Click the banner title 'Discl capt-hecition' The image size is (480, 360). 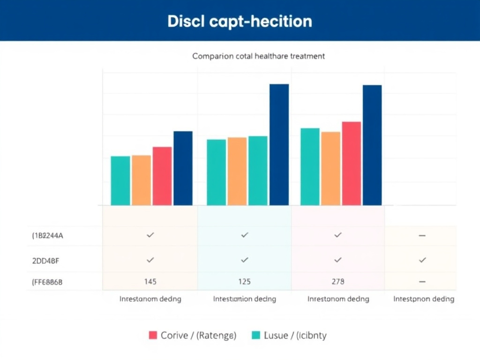coord(240,21)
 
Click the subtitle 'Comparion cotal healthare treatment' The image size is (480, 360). coord(258,56)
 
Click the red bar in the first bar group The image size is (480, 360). coord(162,176)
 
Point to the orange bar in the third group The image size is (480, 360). coord(331,168)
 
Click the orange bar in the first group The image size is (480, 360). coord(141,180)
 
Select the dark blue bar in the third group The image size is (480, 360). coord(372,145)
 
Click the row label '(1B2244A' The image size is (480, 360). coord(47,236)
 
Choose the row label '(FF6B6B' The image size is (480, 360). coord(47,282)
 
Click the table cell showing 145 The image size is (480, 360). coord(150,282)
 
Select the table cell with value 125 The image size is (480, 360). coord(244,282)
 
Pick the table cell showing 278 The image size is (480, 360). coord(337,282)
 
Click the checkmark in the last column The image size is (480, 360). coord(422,259)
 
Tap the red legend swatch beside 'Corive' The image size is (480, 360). coord(153,335)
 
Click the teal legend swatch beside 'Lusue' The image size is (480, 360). coord(256,335)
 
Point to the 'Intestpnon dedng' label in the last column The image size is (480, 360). coord(423,299)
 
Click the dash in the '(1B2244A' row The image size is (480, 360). coord(422,236)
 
